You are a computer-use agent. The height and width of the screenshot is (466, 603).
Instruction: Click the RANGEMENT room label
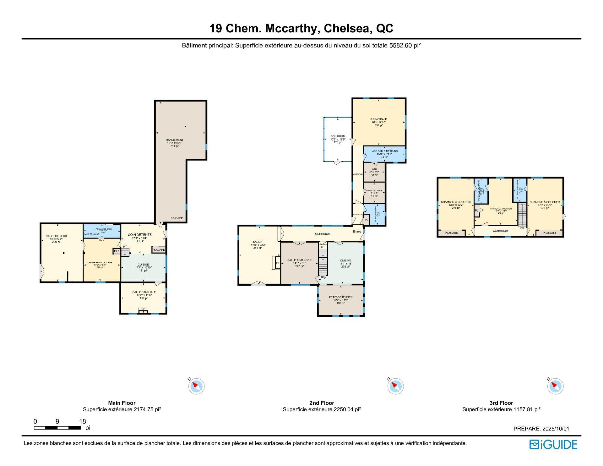[x=175, y=140]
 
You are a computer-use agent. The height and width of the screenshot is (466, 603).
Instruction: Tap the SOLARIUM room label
[x=338, y=136]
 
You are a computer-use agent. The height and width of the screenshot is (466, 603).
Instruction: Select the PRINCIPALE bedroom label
[x=378, y=119]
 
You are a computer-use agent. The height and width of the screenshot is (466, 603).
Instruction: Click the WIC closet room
[x=374, y=172]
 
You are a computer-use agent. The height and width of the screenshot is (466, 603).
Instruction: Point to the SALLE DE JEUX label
[x=56, y=236]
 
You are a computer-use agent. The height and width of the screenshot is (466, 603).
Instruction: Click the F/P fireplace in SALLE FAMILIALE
[x=143, y=309]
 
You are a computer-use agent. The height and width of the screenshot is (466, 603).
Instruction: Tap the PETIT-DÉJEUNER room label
[x=340, y=297]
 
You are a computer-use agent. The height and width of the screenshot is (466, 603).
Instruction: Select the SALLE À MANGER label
[x=299, y=260]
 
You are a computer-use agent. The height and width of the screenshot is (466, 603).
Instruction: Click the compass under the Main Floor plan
[x=197, y=386]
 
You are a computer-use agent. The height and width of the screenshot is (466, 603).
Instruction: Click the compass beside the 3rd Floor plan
[x=555, y=386]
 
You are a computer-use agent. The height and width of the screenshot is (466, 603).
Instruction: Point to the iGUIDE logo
[x=553, y=444]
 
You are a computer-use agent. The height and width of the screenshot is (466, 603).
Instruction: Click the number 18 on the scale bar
[x=82, y=421]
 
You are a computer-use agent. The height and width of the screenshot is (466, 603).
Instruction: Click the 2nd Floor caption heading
[x=322, y=403]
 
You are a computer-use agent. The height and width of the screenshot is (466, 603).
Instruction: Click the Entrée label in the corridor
[x=357, y=232]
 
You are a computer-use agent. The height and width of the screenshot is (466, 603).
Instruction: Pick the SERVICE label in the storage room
[x=177, y=218]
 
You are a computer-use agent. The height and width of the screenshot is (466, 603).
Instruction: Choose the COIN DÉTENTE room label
[x=139, y=235]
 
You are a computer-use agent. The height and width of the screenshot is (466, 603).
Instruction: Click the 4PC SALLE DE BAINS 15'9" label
[x=385, y=151]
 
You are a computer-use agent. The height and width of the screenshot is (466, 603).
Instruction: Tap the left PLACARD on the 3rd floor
[x=451, y=233]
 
